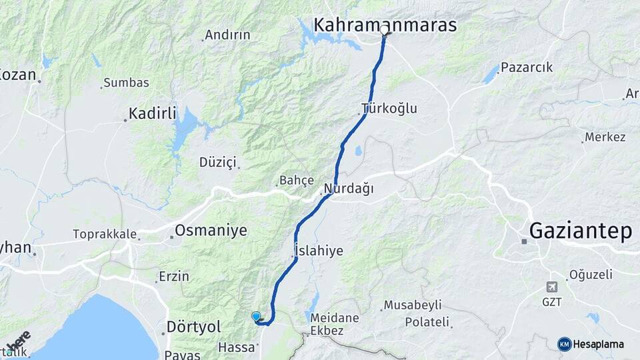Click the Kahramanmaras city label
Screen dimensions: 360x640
coord(385,25)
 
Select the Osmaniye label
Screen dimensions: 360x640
coord(211,231)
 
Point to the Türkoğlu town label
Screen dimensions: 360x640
coord(389,108)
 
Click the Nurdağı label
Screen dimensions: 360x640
coord(349,188)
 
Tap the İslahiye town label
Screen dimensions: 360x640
coord(319,251)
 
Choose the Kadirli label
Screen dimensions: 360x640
coord(153,113)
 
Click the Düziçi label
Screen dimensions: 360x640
coord(218,161)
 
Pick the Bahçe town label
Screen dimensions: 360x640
coord(296,180)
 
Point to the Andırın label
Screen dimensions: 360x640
coord(227,35)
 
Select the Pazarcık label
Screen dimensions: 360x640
coord(527,67)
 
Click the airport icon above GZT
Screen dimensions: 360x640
coord(551,287)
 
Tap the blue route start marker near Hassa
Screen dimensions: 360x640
coord(256,317)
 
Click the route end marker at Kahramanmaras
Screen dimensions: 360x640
coord(384,31)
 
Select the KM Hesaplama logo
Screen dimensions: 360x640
coord(591,344)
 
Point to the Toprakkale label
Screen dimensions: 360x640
coord(105,235)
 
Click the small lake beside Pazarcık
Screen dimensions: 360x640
coord(491,75)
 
